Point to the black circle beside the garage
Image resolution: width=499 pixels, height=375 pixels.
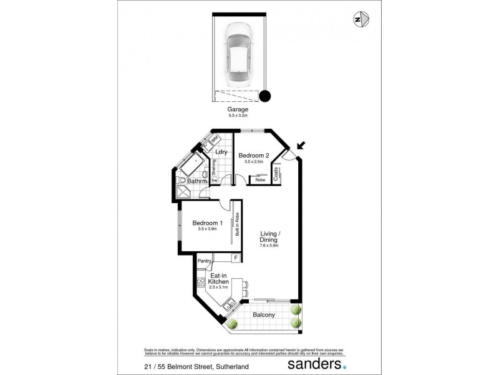265,96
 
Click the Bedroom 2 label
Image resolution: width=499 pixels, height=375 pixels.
254,155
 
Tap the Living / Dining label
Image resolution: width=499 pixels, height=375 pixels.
273,239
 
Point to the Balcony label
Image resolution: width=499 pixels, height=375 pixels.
263,314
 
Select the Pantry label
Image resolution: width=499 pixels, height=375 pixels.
204,261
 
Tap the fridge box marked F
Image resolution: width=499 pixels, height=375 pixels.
236,257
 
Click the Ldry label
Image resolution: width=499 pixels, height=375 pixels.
220,152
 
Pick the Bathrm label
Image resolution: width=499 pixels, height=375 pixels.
188,182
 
